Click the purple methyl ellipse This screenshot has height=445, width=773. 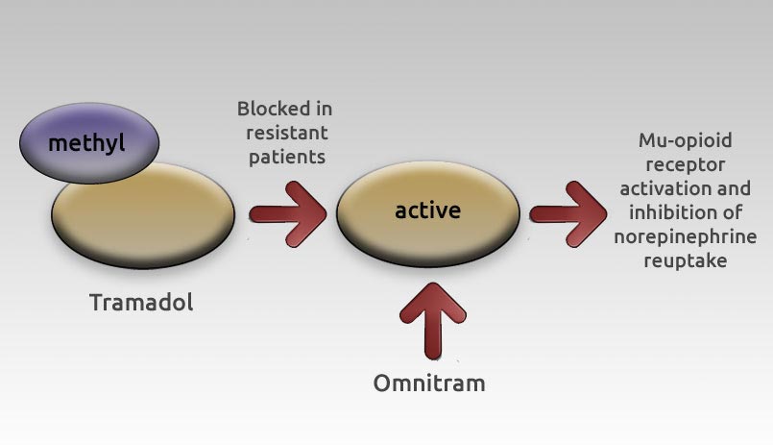[89, 143]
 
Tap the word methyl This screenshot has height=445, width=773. [86, 143]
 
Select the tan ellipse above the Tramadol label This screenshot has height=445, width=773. [143, 215]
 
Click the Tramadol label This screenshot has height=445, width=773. [141, 302]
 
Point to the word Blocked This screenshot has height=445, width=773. [269, 109]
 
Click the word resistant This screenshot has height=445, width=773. [287, 133]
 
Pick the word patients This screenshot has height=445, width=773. [287, 158]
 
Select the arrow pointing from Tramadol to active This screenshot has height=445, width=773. [288, 214]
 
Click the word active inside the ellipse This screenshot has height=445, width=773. [428, 210]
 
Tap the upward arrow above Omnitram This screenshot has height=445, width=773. [432, 321]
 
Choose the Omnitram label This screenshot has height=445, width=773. [429, 383]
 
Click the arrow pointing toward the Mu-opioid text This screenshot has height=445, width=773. [568, 214]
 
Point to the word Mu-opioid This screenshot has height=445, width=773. [686, 140]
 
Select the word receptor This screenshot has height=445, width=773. [686, 164]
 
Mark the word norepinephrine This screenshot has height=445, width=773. [686, 236]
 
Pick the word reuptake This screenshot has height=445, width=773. [686, 261]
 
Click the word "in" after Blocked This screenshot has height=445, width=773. [324, 109]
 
